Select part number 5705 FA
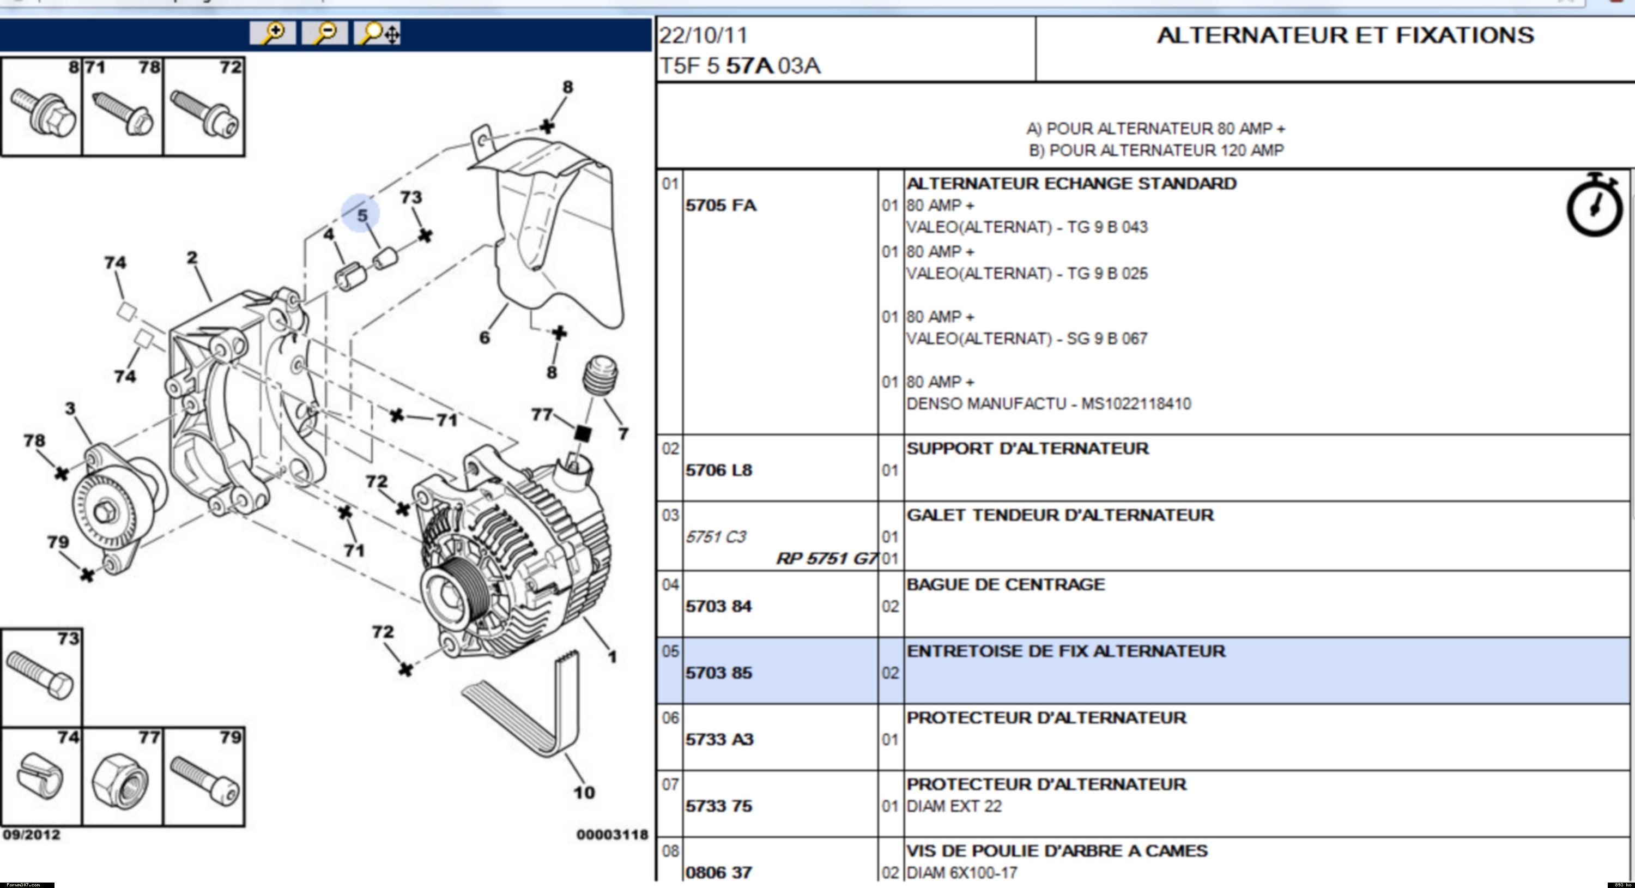(720, 206)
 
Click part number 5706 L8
(718, 470)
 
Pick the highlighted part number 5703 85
(718, 673)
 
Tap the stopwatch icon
(1594, 204)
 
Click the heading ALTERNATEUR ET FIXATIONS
(1346, 35)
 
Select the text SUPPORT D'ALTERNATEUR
(1027, 449)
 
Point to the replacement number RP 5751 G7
(826, 559)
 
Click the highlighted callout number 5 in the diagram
(362, 215)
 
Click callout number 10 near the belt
(584, 793)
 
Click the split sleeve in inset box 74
(39, 776)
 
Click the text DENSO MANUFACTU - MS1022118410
(1049, 404)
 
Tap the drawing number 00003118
(612, 835)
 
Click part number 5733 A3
(719, 740)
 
